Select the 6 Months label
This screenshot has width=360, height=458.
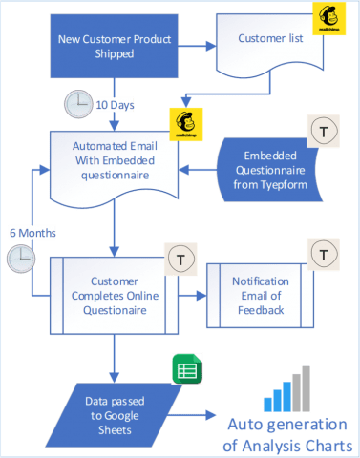click(x=32, y=232)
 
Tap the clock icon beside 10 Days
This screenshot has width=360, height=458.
click(x=77, y=102)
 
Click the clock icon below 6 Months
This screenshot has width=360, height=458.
click(x=20, y=258)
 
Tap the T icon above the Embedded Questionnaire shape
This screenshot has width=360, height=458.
click(x=319, y=131)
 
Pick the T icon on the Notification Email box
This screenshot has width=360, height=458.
click(x=321, y=255)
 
